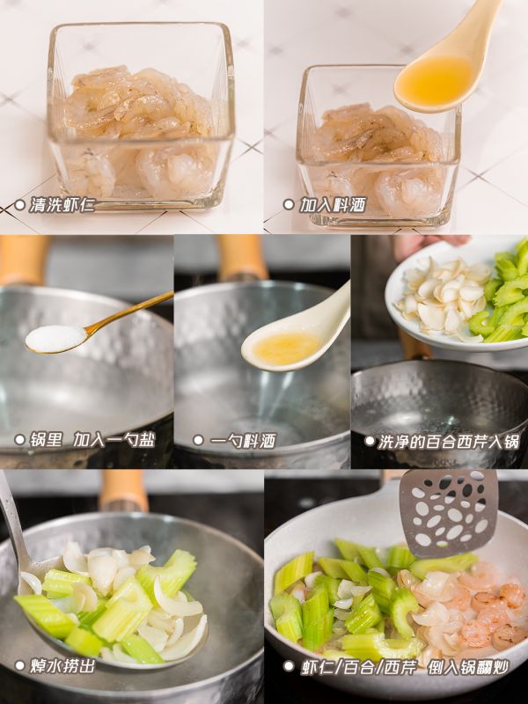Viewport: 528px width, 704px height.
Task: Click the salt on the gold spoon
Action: click(x=55, y=337)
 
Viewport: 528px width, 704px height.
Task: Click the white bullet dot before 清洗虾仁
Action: click(x=19, y=205)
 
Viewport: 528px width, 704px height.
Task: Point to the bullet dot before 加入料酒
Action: click(x=288, y=204)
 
